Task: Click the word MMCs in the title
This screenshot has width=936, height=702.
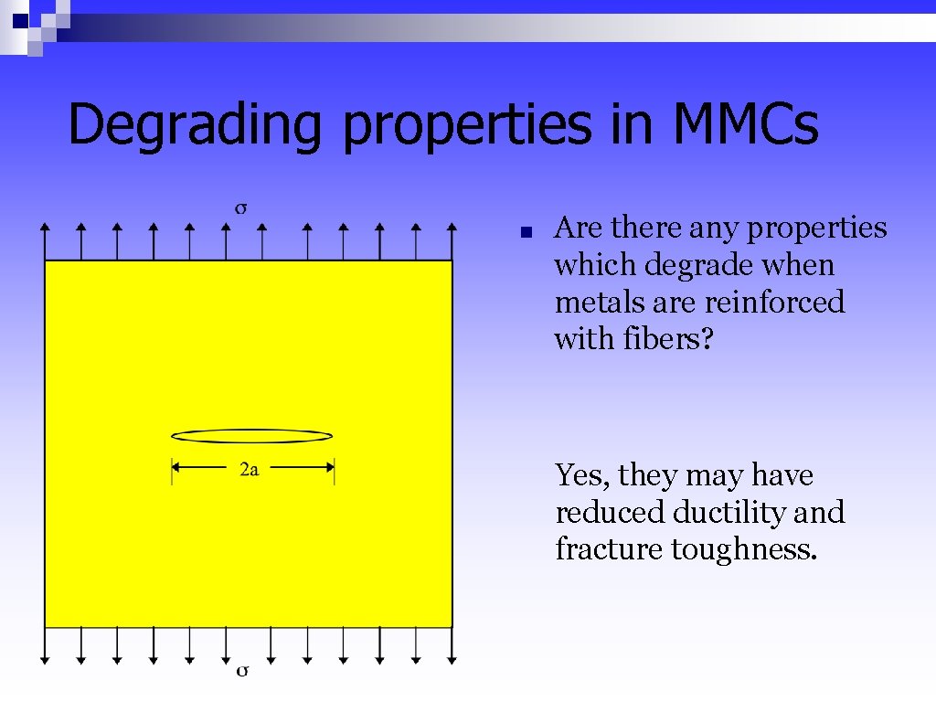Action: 745,125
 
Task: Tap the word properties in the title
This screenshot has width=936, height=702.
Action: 466,125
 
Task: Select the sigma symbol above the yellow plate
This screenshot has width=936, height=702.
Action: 241,208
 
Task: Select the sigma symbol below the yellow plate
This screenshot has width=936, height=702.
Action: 242,671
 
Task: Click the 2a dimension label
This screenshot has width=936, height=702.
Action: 249,469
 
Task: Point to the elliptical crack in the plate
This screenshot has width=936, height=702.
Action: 252,436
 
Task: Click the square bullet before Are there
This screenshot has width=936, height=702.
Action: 525,232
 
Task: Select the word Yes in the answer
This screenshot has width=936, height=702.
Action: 581,476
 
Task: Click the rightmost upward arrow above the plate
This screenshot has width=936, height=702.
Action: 452,240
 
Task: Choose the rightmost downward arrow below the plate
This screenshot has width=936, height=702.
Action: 452,644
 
